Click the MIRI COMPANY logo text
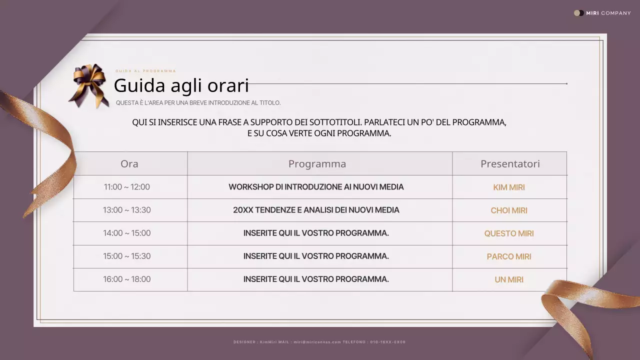(607, 13)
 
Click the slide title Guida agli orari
(181, 85)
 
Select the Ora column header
(129, 164)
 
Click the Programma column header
(317, 164)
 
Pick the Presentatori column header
(510, 164)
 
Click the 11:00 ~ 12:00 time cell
(126, 187)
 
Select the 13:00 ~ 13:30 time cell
(126, 210)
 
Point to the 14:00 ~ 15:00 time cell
(126, 233)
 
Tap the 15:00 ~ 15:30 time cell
(126, 256)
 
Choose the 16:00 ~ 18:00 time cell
(126, 279)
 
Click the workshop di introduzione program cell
(316, 187)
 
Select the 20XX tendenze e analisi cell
(316, 210)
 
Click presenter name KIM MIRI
(509, 187)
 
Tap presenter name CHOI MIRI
(509, 210)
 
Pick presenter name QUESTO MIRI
(509, 233)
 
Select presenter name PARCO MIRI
(509, 256)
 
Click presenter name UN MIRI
(509, 279)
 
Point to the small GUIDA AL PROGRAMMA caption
(145, 71)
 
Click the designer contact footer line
(319, 342)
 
